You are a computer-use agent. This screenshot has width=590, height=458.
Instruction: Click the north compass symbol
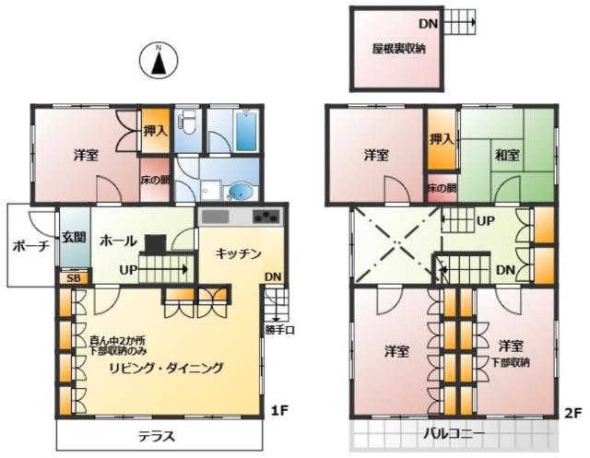pos(159,60)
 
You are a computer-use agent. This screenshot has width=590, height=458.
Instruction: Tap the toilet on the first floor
pos(187,122)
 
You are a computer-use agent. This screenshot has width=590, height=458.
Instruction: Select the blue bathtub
pos(246,130)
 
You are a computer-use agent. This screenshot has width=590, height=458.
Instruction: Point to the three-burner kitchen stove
pos(266,217)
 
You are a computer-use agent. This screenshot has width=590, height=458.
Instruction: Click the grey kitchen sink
pos(215,217)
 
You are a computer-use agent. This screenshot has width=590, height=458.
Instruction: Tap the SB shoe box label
pos(74,278)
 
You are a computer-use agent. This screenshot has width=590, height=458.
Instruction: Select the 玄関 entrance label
pos(74,237)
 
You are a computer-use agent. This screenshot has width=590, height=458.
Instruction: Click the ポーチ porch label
pos(30,246)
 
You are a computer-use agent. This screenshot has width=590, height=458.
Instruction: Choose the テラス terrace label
pos(157,437)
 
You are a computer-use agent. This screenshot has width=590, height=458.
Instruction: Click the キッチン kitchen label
pos(239,253)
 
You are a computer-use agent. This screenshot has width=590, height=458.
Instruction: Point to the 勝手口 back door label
pos(279,330)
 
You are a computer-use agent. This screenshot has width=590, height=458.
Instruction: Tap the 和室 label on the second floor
pos(507,155)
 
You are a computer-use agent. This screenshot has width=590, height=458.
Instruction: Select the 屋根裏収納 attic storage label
pos(399,49)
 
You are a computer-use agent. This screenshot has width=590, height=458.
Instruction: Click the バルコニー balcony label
pos(454,434)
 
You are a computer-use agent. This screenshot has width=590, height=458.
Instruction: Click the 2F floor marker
pos(573,413)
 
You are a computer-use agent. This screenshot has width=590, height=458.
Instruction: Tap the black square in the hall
pos(156,243)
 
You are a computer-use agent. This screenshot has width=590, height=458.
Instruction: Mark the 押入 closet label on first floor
pos(155,131)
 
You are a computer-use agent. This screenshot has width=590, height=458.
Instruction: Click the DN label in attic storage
pos(429,24)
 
